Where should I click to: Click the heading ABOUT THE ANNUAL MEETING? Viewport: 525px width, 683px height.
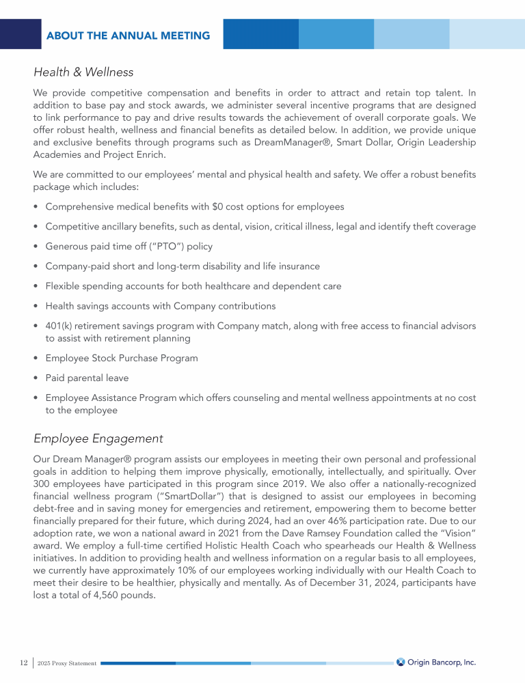point(128,35)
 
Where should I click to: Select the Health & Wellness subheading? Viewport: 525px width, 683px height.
point(83,72)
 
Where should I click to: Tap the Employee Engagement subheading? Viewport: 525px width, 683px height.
point(98,438)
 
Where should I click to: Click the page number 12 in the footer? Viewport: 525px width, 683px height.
point(23,663)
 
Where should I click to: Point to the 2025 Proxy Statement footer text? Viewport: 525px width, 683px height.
point(66,663)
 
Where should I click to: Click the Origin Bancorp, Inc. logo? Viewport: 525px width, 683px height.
point(436,662)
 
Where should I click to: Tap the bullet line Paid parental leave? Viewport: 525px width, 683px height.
point(87,378)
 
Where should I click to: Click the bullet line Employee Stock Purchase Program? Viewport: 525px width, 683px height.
point(122,358)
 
